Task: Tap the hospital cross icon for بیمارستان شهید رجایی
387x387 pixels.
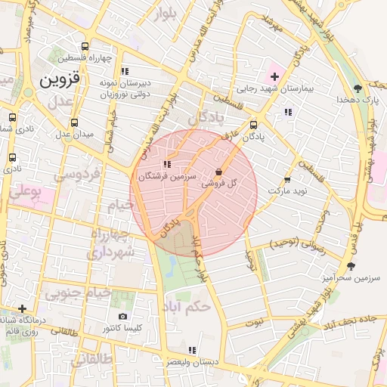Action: (274, 76)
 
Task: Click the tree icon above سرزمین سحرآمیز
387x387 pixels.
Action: (350, 265)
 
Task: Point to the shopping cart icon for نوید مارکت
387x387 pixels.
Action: (287, 180)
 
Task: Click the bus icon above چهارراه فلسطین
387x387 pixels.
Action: (91, 45)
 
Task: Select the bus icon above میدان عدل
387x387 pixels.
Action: (74, 122)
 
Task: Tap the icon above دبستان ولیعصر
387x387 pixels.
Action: (193, 350)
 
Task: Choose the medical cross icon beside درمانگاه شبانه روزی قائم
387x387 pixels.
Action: (23, 308)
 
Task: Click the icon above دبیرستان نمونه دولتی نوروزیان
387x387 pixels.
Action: (125, 71)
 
